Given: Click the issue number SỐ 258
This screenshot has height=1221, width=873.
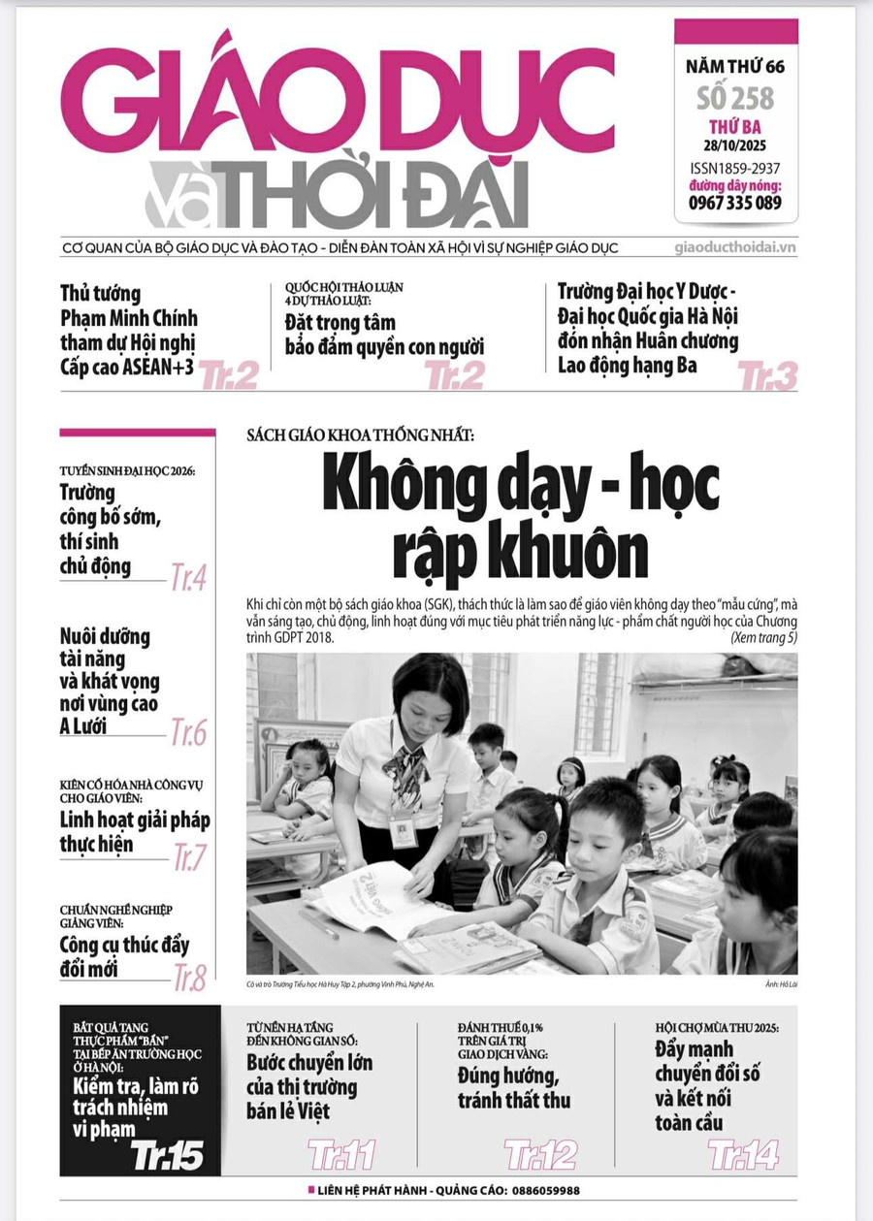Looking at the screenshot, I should pyautogui.click(x=735, y=99).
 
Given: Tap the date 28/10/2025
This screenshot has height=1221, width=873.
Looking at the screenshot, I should pyautogui.click(x=735, y=146).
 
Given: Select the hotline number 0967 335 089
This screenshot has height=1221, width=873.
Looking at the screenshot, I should pyautogui.click(x=735, y=203).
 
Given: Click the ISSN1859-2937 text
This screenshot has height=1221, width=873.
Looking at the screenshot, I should pyautogui.click(x=735, y=167).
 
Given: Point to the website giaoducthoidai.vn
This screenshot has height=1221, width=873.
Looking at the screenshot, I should pyautogui.click(x=735, y=247).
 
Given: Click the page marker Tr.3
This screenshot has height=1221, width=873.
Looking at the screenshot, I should pyautogui.click(x=767, y=376).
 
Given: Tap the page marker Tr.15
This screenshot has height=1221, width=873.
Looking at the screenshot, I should pyautogui.click(x=168, y=1155).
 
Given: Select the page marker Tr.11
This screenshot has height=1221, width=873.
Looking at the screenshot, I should pyautogui.click(x=341, y=1155).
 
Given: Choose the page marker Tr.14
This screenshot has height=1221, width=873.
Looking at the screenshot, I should pyautogui.click(x=743, y=1155).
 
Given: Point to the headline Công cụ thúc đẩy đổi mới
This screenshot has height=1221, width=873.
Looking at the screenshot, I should pyautogui.click(x=124, y=956).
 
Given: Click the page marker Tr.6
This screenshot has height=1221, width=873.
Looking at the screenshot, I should pyautogui.click(x=188, y=733).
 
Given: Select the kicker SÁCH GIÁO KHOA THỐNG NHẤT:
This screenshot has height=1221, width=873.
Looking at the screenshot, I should pyautogui.click(x=360, y=436).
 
